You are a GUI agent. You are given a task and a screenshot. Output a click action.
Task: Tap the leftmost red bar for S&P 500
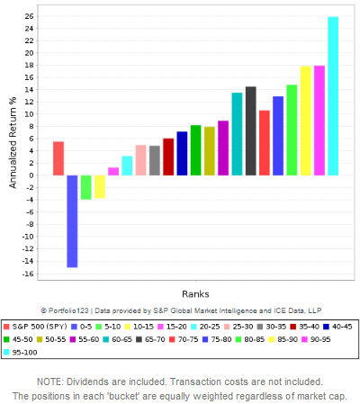[x=58, y=158]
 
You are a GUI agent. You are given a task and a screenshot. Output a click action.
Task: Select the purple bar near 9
[x=223, y=148]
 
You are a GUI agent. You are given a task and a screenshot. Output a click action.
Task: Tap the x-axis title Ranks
[x=195, y=294]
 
